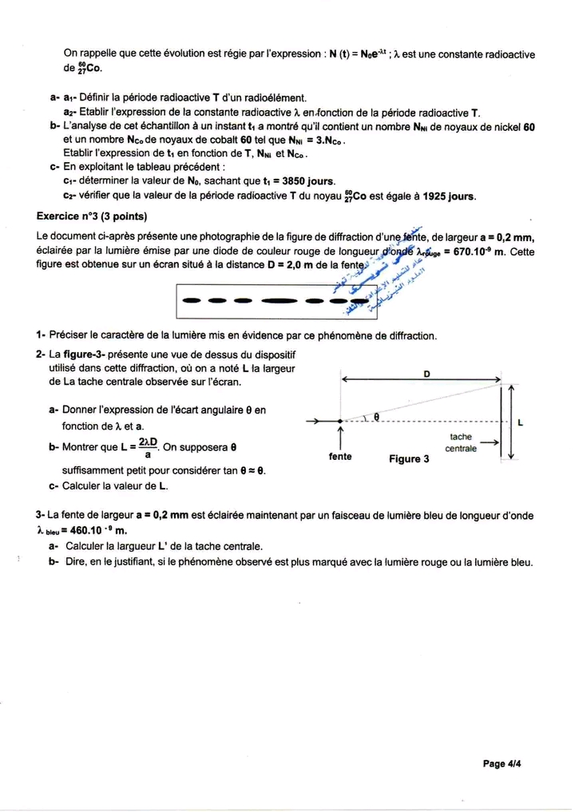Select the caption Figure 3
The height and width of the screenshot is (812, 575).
point(409,459)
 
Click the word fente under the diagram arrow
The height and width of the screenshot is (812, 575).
point(341,457)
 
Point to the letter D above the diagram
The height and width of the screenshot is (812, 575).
point(426,374)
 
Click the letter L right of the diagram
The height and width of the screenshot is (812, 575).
point(521,423)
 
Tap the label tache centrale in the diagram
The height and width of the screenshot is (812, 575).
point(461,443)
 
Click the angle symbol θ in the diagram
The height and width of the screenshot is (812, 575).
point(375,417)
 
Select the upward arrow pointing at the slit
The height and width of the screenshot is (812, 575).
point(341,438)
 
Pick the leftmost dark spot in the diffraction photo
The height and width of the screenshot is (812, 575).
point(192,301)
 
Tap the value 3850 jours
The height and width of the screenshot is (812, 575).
point(303,181)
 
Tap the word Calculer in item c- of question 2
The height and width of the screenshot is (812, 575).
point(84,485)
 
